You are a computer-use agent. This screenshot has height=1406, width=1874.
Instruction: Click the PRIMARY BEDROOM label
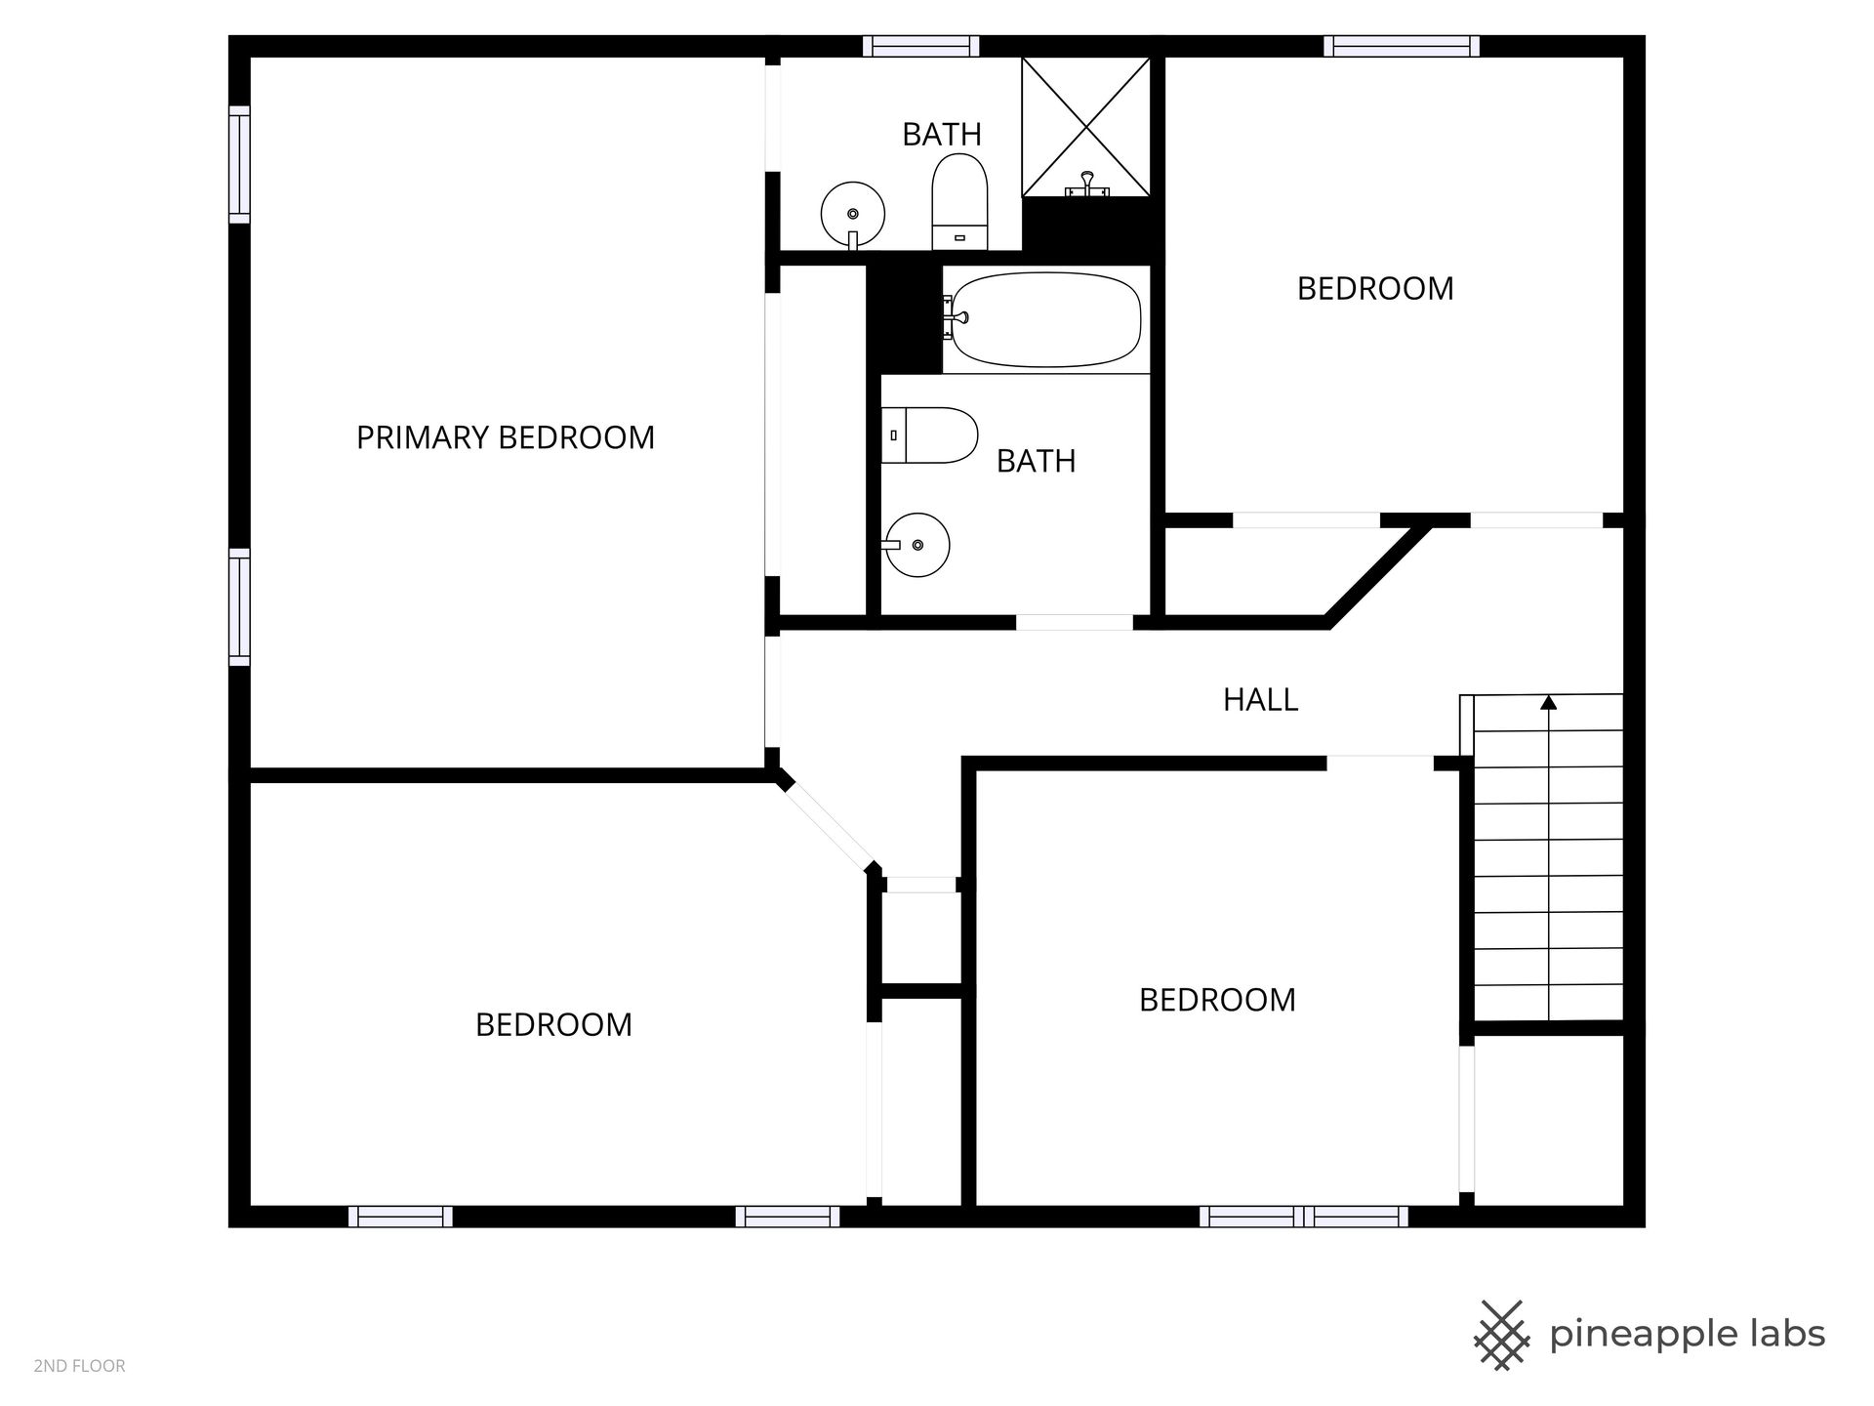tap(505, 437)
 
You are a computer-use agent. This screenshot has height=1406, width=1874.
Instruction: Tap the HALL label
tap(1260, 700)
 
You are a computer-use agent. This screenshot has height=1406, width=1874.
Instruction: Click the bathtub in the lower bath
tap(1044, 318)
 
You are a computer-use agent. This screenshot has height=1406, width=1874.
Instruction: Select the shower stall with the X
tap(1086, 127)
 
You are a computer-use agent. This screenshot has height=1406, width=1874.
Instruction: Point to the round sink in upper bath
tap(853, 215)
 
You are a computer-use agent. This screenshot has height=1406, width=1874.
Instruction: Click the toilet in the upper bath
tap(960, 203)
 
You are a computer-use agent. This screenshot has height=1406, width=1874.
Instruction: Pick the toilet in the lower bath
tap(930, 435)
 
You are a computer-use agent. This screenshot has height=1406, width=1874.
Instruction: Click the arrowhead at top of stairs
tap(1548, 702)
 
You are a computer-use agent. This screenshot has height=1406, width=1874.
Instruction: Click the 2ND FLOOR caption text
tap(79, 1366)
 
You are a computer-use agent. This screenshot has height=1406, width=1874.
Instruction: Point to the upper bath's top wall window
tap(920, 46)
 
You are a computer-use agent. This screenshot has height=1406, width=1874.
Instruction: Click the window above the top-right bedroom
tap(1402, 46)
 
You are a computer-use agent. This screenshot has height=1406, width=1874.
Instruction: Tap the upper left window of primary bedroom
tap(239, 164)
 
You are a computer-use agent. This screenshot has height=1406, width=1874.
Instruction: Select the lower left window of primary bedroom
tap(239, 607)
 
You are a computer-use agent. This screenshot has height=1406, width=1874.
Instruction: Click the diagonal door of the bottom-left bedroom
tap(830, 825)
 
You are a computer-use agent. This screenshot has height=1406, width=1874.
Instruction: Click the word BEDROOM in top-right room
tap(1375, 289)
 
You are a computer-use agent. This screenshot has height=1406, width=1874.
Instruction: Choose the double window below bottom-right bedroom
tap(1304, 1217)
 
